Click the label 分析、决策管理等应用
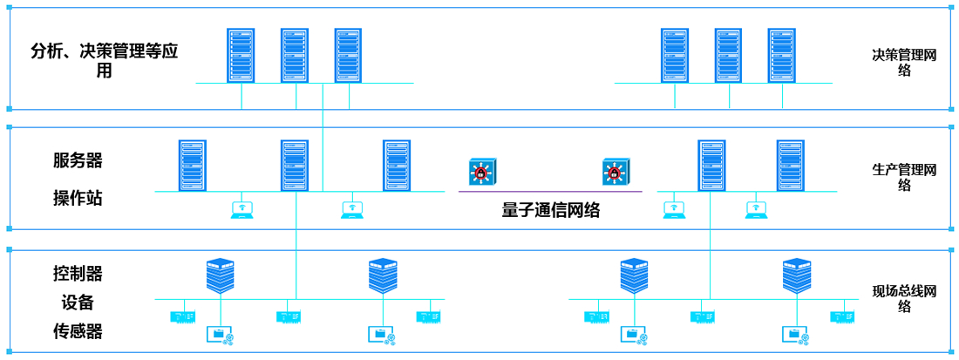click(x=104, y=61)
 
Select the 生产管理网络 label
click(x=904, y=177)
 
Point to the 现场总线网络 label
click(x=904, y=298)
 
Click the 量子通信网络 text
click(x=551, y=211)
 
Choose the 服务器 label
click(x=78, y=160)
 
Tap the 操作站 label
click(x=78, y=198)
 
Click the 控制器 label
click(x=78, y=274)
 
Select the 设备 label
click(x=78, y=302)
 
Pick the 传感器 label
click(x=78, y=331)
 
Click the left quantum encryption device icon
click(x=480, y=171)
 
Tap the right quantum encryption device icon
click(x=615, y=171)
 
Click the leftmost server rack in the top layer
click(x=241, y=55)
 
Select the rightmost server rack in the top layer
click(x=781, y=55)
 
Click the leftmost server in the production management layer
click(x=193, y=165)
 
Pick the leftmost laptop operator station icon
click(x=241, y=209)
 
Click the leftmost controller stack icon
click(x=221, y=275)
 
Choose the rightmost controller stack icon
click(x=796, y=275)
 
